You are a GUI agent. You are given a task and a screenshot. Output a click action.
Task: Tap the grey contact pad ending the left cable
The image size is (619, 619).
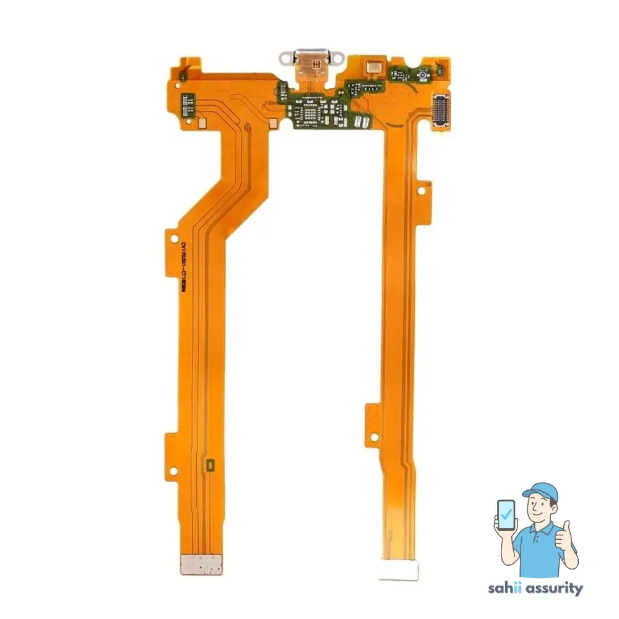(201, 564)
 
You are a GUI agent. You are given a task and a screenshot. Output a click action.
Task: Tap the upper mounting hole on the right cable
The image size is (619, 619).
(423, 192)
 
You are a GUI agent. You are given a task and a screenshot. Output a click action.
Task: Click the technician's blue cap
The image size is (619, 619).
(540, 492)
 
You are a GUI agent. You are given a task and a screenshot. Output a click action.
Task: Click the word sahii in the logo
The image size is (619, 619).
(503, 589)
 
